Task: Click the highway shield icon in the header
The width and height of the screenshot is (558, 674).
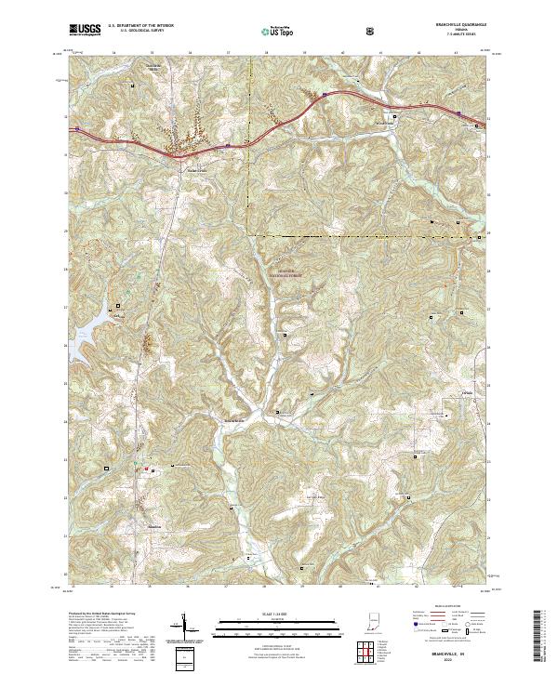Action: pyautogui.click(x=373, y=31)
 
